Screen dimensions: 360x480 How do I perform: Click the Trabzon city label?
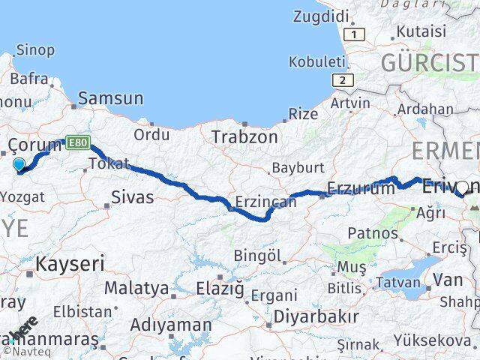click(x=244, y=137)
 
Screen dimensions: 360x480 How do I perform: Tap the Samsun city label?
click(x=110, y=97)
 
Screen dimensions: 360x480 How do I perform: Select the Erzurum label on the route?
click(x=361, y=189)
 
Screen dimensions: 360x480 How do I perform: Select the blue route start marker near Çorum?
click(x=19, y=163)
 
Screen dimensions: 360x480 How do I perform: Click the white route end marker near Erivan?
click(x=463, y=187)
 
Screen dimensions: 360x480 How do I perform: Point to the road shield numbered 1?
click(x=355, y=34)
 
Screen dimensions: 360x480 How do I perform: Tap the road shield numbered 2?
click(x=341, y=79)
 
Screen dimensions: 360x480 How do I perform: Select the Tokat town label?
click(x=109, y=163)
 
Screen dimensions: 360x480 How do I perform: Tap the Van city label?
click(x=453, y=280)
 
